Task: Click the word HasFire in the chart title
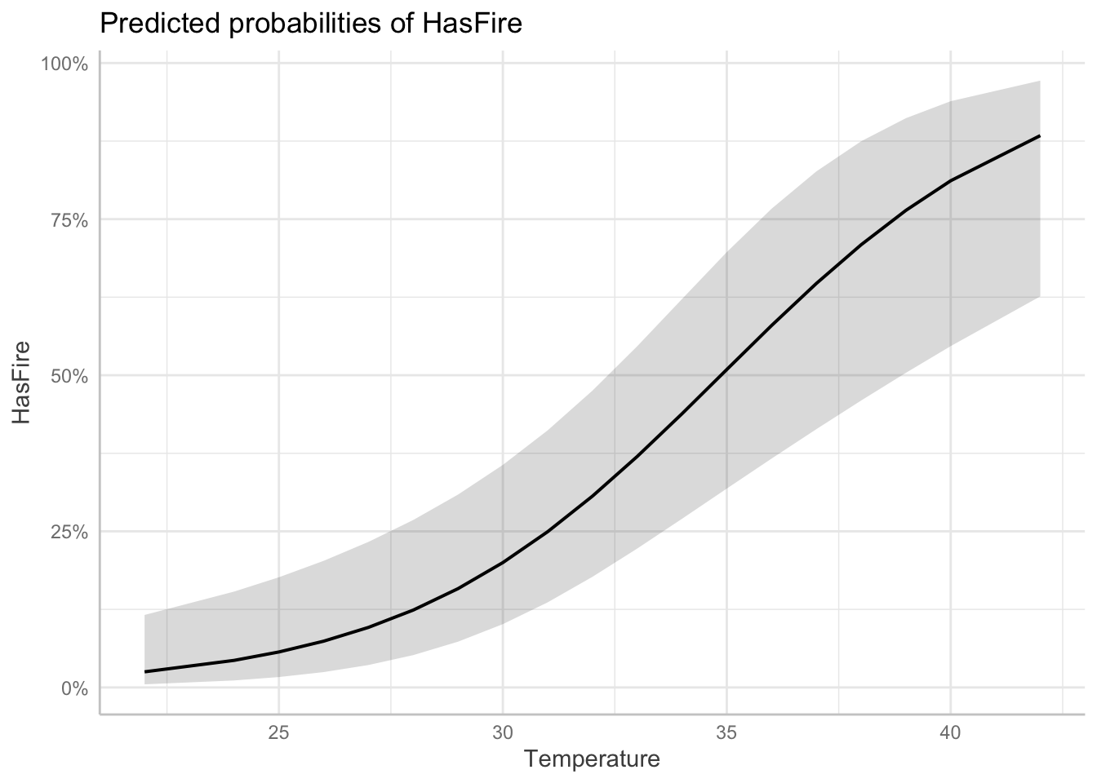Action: (x=472, y=24)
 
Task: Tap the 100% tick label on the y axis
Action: (x=64, y=64)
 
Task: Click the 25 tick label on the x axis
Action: (x=279, y=732)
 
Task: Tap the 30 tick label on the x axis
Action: (x=503, y=732)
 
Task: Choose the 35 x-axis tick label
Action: (x=726, y=732)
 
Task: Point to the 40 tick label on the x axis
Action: (x=950, y=732)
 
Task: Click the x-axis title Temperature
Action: (x=592, y=759)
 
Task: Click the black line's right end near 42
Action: (x=1039, y=136)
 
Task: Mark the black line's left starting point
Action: (x=145, y=672)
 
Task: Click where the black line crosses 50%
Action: (x=723, y=375)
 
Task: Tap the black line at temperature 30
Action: (x=503, y=562)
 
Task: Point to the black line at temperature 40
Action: (x=950, y=180)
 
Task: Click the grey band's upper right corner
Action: (x=1039, y=81)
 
